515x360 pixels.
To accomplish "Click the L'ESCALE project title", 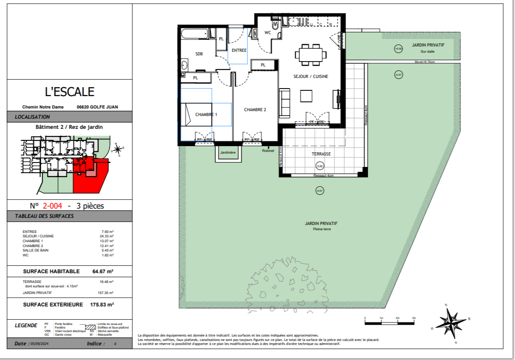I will [x=69, y=92].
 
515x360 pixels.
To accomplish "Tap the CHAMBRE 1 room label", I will [x=207, y=115].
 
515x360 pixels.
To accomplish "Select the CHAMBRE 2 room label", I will [x=255, y=110].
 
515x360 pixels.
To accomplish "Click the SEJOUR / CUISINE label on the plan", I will [x=311, y=77].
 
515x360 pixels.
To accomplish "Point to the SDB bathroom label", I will [x=199, y=54].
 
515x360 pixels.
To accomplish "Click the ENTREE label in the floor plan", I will [x=239, y=50].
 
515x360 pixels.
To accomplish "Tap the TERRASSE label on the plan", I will [x=321, y=154].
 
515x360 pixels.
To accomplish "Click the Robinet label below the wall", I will [x=268, y=150].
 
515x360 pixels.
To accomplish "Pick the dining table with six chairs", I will [x=311, y=54].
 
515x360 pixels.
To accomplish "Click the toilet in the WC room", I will [x=276, y=25].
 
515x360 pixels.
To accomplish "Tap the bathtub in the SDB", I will [x=195, y=33].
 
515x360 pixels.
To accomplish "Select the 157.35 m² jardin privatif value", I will [x=105, y=293].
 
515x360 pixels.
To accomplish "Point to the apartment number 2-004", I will [x=52, y=205].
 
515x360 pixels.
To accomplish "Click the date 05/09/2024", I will [x=39, y=344].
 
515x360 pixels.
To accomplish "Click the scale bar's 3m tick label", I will [x=414, y=318].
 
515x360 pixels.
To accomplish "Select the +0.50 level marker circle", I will [x=398, y=49].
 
